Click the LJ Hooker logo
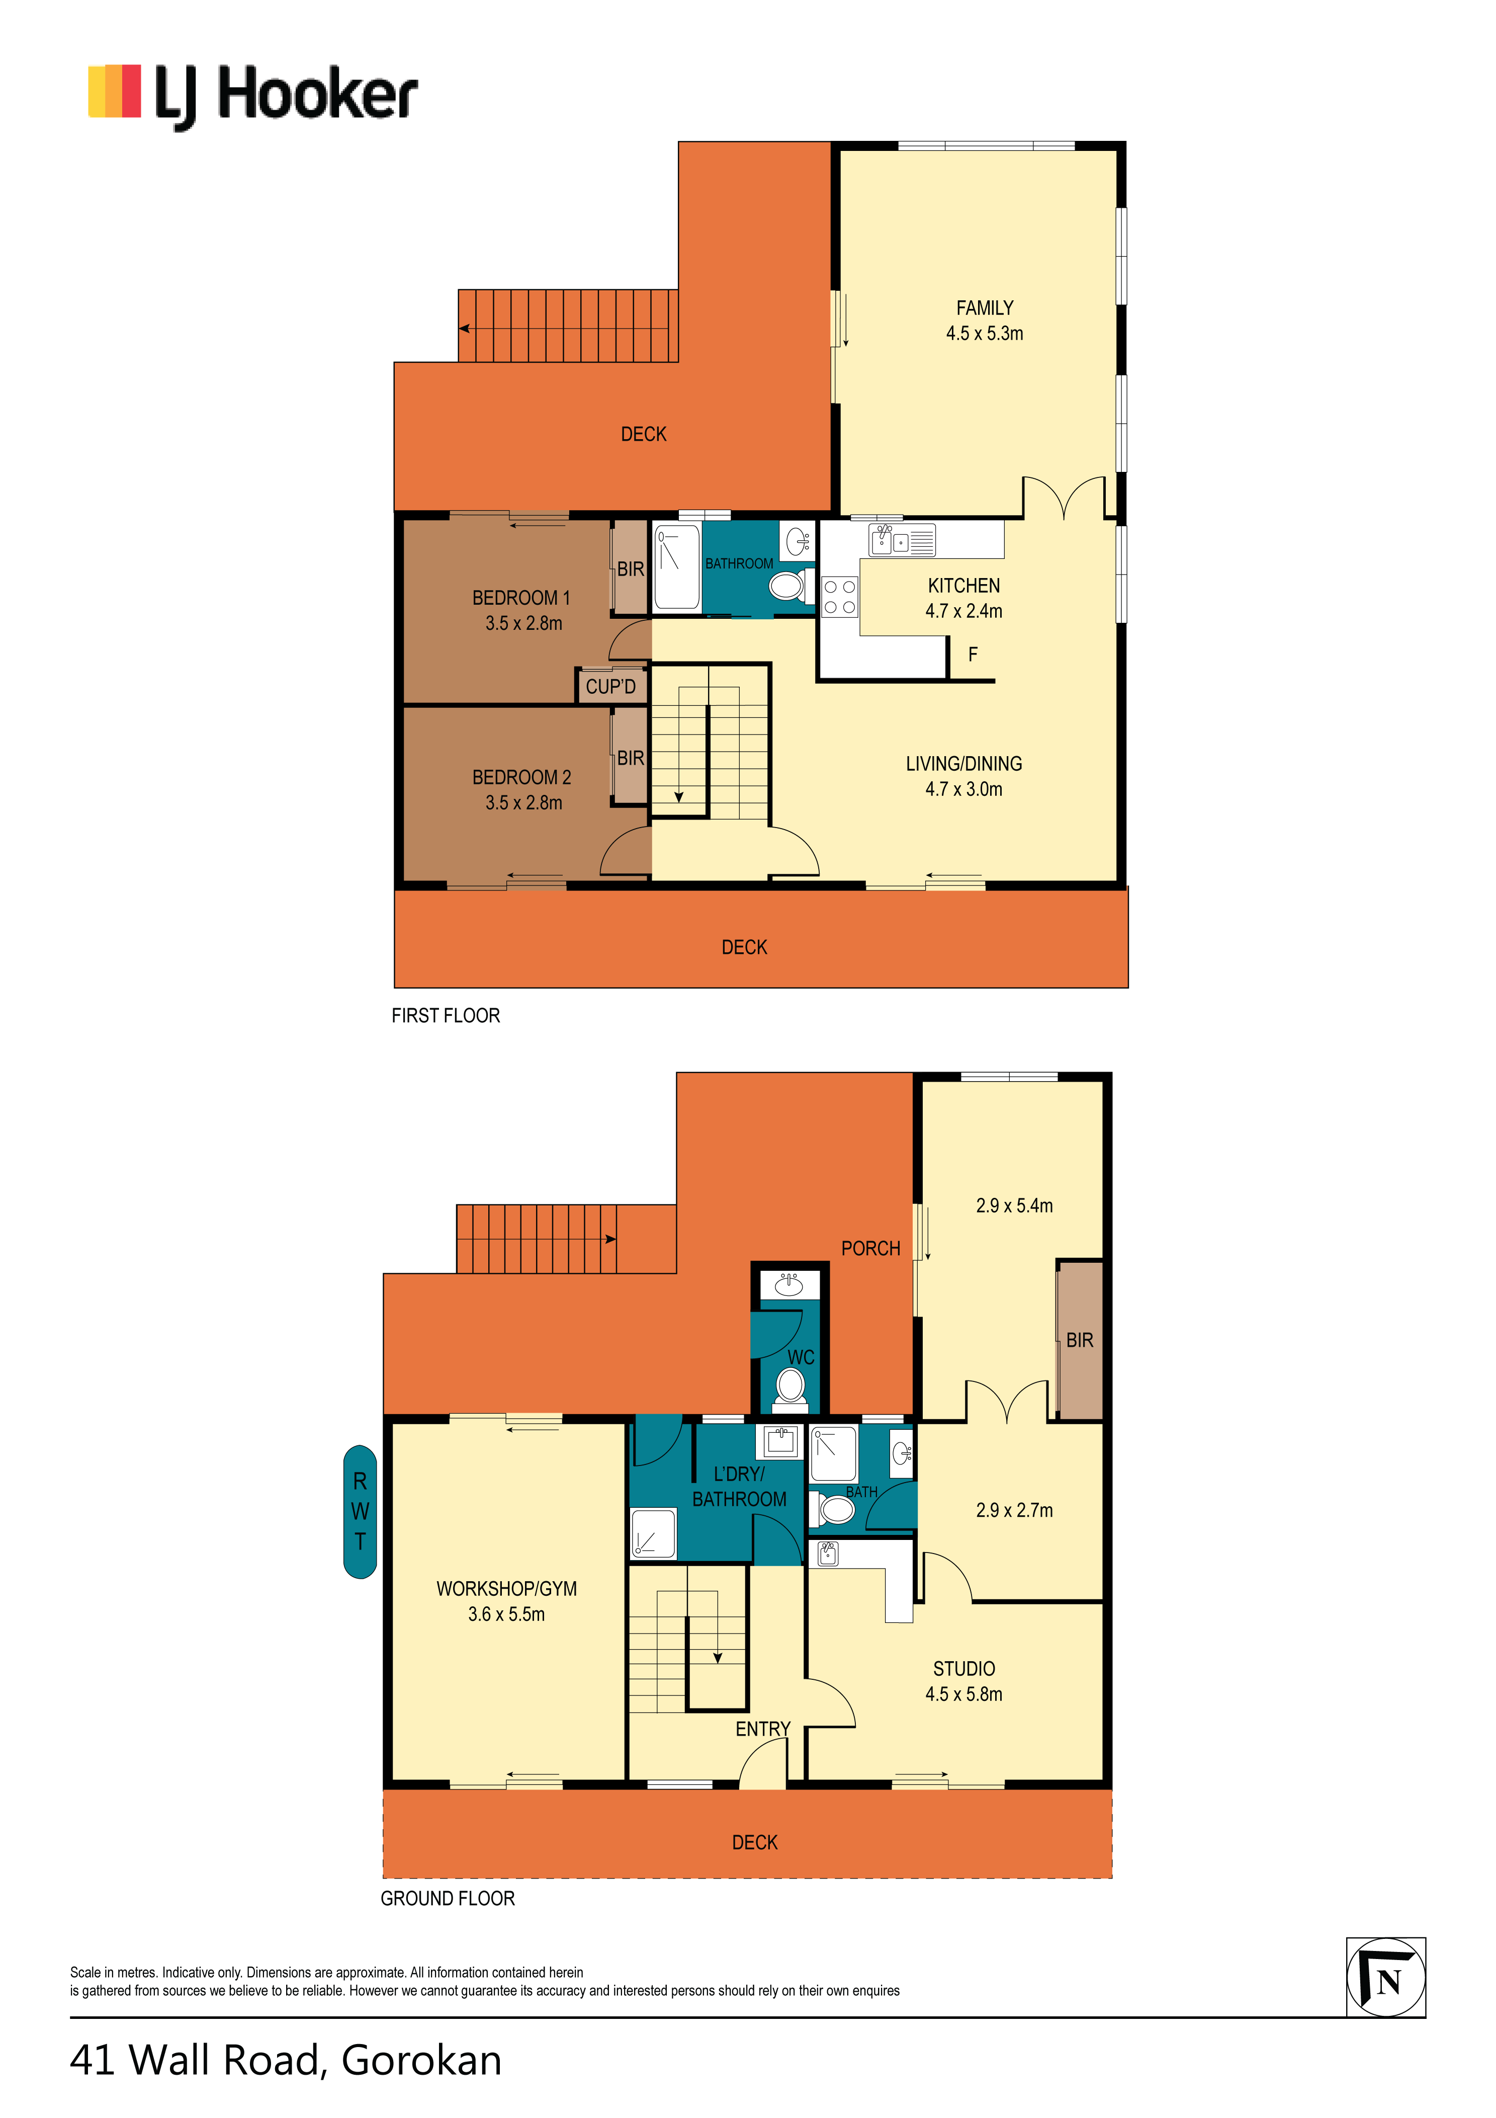tap(253, 96)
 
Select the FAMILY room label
tap(984, 308)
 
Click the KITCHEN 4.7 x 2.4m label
tap(964, 598)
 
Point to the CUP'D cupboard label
tap(610, 686)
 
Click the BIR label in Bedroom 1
tap(631, 569)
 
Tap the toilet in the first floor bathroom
tap(790, 586)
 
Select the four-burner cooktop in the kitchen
tap(839, 596)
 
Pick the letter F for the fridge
tap(972, 654)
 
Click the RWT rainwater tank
tap(360, 1511)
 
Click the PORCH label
tap(870, 1248)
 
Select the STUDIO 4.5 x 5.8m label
tap(964, 1681)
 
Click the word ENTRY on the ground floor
tap(763, 1729)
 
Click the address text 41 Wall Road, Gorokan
tap(286, 2060)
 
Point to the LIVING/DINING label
tap(964, 764)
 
